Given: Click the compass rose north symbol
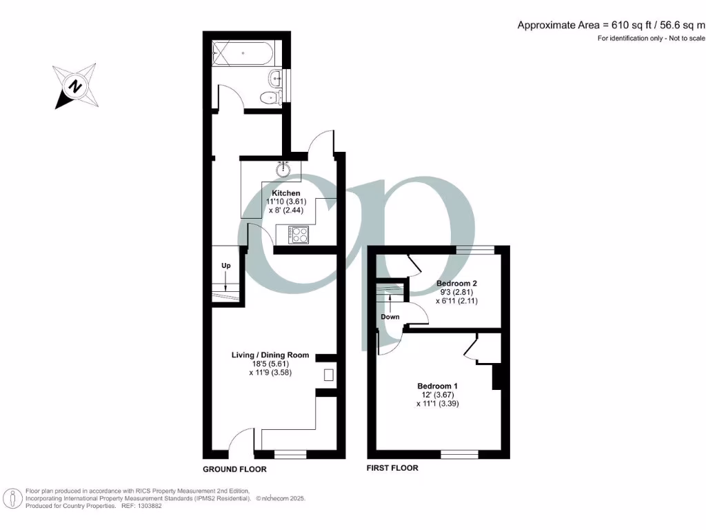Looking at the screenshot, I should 75,86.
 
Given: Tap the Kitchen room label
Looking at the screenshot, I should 285,193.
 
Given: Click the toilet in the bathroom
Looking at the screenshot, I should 271,97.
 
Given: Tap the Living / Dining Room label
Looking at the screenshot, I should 270,355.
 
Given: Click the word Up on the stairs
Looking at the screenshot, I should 225,266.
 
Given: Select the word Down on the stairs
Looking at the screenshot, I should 390,317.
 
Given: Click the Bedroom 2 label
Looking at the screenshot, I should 457,284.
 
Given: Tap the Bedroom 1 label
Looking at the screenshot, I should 438,386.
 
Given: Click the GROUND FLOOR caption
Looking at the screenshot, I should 234,469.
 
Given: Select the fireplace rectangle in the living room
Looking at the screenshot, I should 329,375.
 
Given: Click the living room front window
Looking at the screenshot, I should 290,454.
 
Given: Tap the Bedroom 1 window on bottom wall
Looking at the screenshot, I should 459,454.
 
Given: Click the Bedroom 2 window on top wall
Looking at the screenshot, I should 475,249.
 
